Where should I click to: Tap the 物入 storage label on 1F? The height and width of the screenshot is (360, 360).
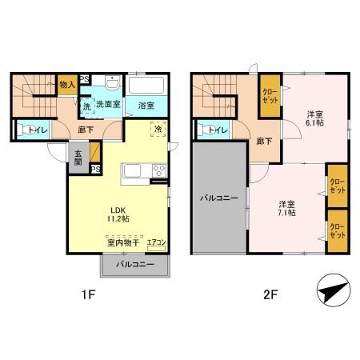(x=66, y=83)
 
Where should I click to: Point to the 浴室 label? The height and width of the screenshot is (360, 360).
(x=146, y=105)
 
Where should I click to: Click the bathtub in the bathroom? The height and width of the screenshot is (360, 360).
(x=146, y=86)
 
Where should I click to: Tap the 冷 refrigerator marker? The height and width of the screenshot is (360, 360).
(x=158, y=129)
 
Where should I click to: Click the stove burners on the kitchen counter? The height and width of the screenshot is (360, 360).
(x=158, y=170)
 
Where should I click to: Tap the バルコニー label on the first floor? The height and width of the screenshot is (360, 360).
(x=134, y=263)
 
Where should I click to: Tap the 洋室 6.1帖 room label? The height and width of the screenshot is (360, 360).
(x=314, y=119)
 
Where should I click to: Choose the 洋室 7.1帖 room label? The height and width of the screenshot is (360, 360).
(x=287, y=207)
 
